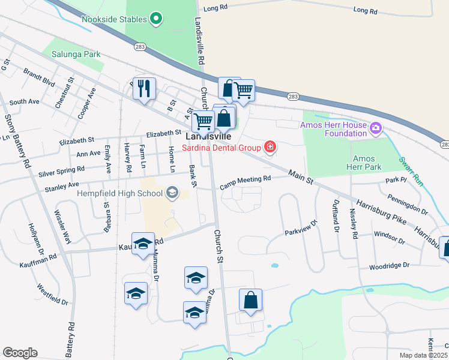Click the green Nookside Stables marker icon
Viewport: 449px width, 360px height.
pyautogui.click(x=156, y=19)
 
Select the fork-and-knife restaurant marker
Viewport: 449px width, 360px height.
pyautogui.click(x=144, y=89)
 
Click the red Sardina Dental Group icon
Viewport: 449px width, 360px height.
pyautogui.click(x=270, y=146)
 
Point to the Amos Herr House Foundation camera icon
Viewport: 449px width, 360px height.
pyautogui.click(x=376, y=127)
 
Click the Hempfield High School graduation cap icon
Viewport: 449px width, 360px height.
pyautogui.click(x=172, y=193)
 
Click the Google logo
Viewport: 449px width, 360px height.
pyautogui.click(x=20, y=353)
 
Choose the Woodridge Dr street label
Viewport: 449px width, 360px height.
pyautogui.click(x=389, y=265)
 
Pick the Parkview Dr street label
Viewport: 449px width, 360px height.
pyautogui.click(x=300, y=231)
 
